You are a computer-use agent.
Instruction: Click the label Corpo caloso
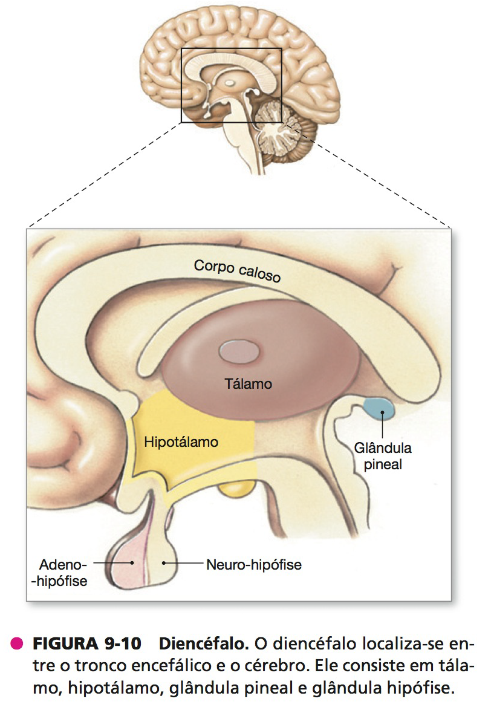click(x=237, y=270)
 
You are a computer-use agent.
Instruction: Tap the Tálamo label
click(x=248, y=383)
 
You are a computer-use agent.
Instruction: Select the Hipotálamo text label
click(x=181, y=441)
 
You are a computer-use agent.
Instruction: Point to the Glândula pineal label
click(x=383, y=456)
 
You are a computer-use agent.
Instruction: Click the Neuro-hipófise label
click(x=254, y=564)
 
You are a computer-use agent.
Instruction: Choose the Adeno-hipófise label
click(x=60, y=572)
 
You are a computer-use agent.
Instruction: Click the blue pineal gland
click(x=379, y=408)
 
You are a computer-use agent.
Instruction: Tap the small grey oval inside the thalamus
click(x=238, y=351)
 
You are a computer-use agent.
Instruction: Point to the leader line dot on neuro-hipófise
click(x=164, y=562)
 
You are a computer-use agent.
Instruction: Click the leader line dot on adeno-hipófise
click(x=132, y=562)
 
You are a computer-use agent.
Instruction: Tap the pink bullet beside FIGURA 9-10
click(x=17, y=643)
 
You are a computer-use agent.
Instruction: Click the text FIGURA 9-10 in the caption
click(x=86, y=643)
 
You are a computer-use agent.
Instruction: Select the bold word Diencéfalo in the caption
click(x=204, y=643)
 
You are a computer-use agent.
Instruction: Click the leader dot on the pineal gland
click(x=382, y=412)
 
